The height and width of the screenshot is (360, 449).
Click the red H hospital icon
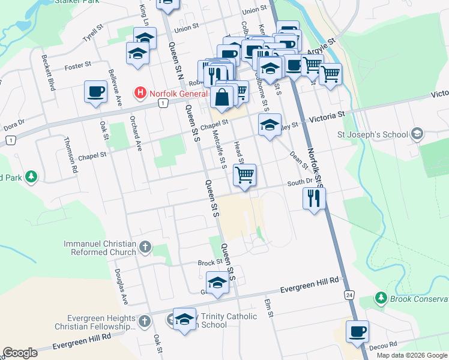(140, 92)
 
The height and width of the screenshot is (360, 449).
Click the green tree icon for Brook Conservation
(380, 298)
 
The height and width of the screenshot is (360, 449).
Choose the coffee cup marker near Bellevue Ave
(95, 92)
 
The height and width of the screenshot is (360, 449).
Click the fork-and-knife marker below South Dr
(314, 198)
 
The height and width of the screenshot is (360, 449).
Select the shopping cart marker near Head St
(244, 175)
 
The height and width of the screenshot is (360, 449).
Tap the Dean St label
(298, 160)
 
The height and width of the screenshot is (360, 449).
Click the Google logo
(20, 353)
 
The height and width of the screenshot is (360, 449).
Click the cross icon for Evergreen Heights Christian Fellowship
(144, 322)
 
